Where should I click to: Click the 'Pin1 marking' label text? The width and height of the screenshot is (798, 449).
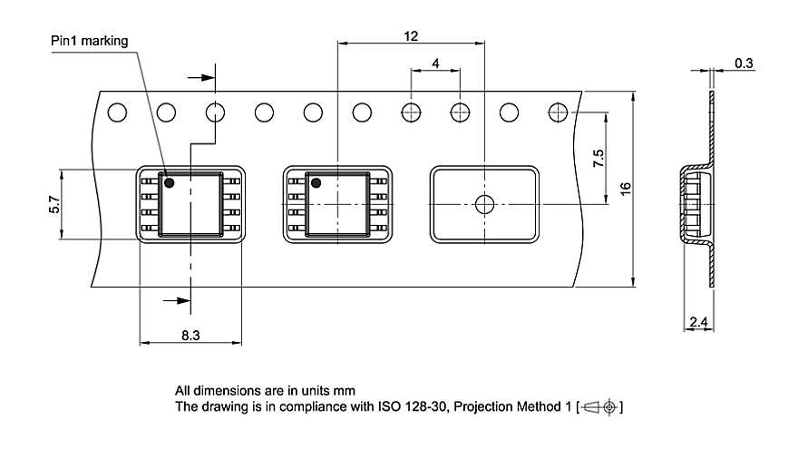89,41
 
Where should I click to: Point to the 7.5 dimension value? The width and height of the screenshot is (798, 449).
598,160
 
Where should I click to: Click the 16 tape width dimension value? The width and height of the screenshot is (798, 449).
626,190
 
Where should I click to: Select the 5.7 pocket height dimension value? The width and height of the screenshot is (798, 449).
54,205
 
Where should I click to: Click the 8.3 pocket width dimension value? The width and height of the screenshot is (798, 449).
190,335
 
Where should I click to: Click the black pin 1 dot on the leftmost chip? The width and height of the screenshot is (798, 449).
169,183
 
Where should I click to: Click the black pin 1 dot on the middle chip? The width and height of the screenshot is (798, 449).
316,183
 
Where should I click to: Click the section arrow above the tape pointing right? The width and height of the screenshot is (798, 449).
205,77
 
